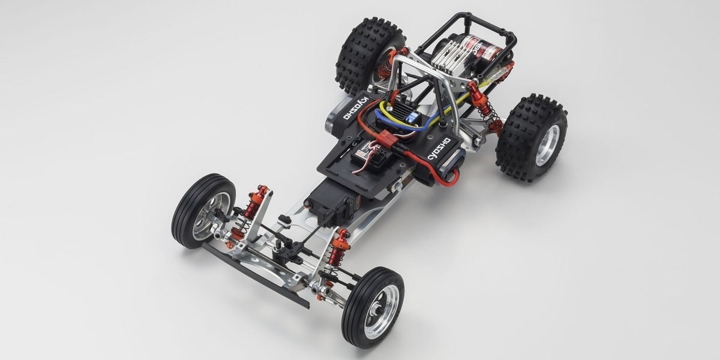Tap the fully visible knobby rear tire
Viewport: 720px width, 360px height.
(x=532, y=137)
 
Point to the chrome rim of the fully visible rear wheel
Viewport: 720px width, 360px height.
(x=549, y=143)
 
